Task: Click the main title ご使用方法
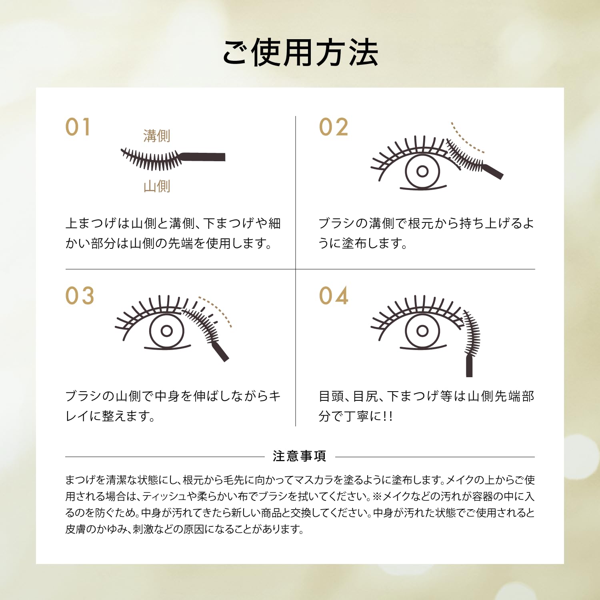pyautogui.click(x=300, y=53)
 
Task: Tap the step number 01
pyautogui.click(x=78, y=127)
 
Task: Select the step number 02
pyautogui.click(x=334, y=127)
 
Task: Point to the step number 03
pyautogui.click(x=80, y=296)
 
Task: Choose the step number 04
pyautogui.click(x=334, y=296)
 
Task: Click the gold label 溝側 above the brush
pyautogui.click(x=157, y=136)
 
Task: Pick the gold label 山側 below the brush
pyautogui.click(x=157, y=186)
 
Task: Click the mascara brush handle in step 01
pyautogui.click(x=204, y=157)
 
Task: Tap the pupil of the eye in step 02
pyautogui.click(x=422, y=172)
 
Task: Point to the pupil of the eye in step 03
pyautogui.click(x=167, y=331)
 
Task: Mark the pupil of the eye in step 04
pyautogui.click(x=422, y=331)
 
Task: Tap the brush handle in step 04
pyautogui.click(x=469, y=366)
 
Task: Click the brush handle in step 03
pyautogui.click(x=220, y=352)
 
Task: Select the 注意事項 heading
pyautogui.click(x=300, y=456)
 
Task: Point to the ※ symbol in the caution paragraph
pyautogui.click(x=377, y=496)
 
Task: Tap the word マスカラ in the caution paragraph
pyautogui.click(x=313, y=480)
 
